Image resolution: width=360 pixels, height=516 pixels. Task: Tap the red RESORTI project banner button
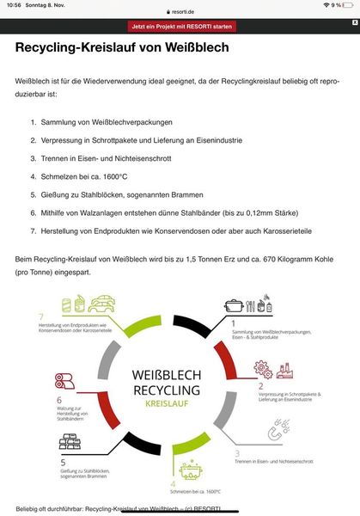[x=180, y=27]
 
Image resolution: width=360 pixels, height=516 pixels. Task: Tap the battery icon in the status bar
[x=349, y=4]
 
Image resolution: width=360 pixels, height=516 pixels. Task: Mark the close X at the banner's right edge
[x=351, y=27]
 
